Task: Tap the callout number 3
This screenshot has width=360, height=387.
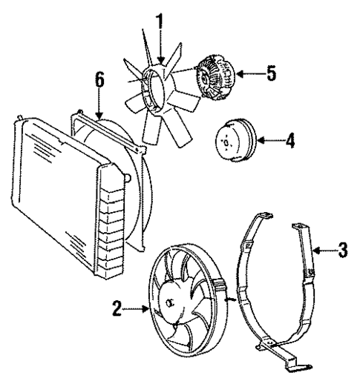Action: click(x=342, y=250)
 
